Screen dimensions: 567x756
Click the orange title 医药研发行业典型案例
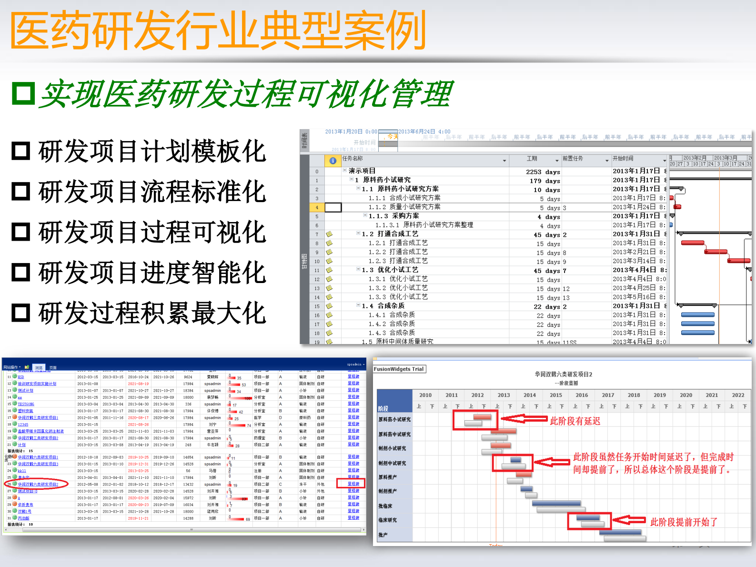(x=218, y=30)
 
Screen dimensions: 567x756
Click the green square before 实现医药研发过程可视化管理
(x=23, y=93)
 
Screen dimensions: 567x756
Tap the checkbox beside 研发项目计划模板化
(x=21, y=151)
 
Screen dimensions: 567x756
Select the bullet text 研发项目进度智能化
(x=152, y=273)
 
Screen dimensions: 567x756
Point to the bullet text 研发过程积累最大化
(x=152, y=313)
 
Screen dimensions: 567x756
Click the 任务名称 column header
(x=353, y=159)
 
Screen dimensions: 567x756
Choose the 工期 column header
(x=532, y=159)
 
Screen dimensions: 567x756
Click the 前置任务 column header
(x=573, y=159)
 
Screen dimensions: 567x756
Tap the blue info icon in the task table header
(x=333, y=161)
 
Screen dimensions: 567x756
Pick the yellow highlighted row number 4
(x=317, y=207)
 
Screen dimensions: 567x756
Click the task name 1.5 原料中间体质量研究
(x=398, y=341)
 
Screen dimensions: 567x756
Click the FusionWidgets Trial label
(x=399, y=369)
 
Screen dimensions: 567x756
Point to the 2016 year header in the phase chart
(x=582, y=395)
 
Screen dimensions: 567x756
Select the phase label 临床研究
(x=387, y=520)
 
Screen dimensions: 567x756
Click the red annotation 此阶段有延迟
(x=575, y=421)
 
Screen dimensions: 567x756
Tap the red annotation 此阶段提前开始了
(x=684, y=522)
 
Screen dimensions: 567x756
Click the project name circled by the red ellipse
(x=38, y=484)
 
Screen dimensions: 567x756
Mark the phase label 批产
(x=383, y=535)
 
